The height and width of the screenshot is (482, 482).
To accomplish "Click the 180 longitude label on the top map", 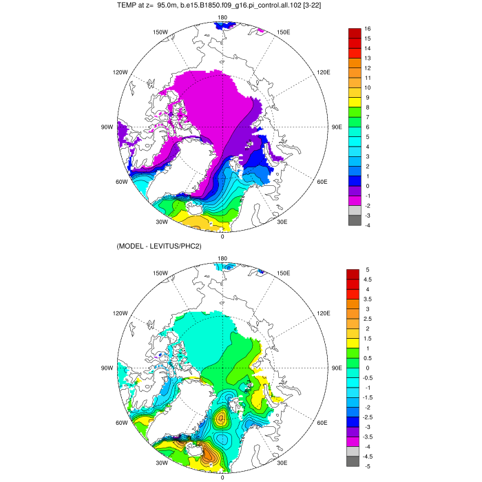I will pyautogui.click(x=222, y=17).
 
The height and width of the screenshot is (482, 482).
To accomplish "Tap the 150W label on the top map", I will pyautogui.click(x=161, y=32).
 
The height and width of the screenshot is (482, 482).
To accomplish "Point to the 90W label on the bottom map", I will pyautogui.click(x=107, y=368).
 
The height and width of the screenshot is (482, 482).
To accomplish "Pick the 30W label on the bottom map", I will pyautogui.click(x=161, y=463).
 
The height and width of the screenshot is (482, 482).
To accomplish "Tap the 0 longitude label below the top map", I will pyautogui.click(x=222, y=236).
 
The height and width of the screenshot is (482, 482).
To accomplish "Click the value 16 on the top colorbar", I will pyautogui.click(x=368, y=29).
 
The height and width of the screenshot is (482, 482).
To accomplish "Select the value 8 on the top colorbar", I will pyautogui.click(x=368, y=107).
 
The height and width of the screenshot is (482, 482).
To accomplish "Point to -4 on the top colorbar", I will pyautogui.click(x=368, y=225).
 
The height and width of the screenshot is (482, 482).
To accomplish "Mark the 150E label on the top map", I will pyautogui.click(x=282, y=32).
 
